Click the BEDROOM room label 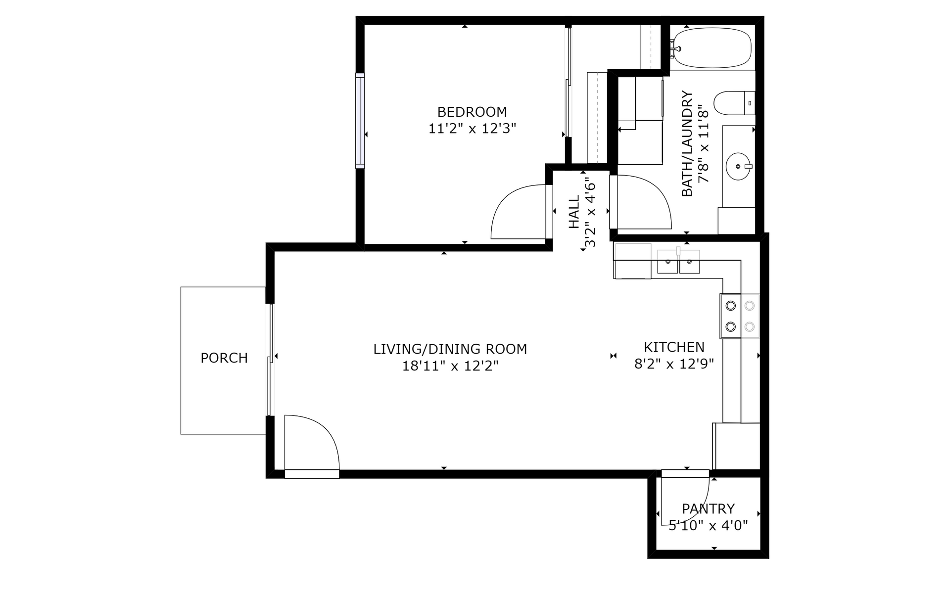472,112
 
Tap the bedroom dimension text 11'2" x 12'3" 472,129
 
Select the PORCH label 224,358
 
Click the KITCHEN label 674,347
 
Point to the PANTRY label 708,508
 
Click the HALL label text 574,212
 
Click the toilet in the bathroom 734,103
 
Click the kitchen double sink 678,262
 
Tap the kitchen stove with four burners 740,316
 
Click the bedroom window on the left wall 360,121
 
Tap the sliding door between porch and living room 270,360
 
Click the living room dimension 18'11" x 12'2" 450,366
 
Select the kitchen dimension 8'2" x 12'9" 674,365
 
